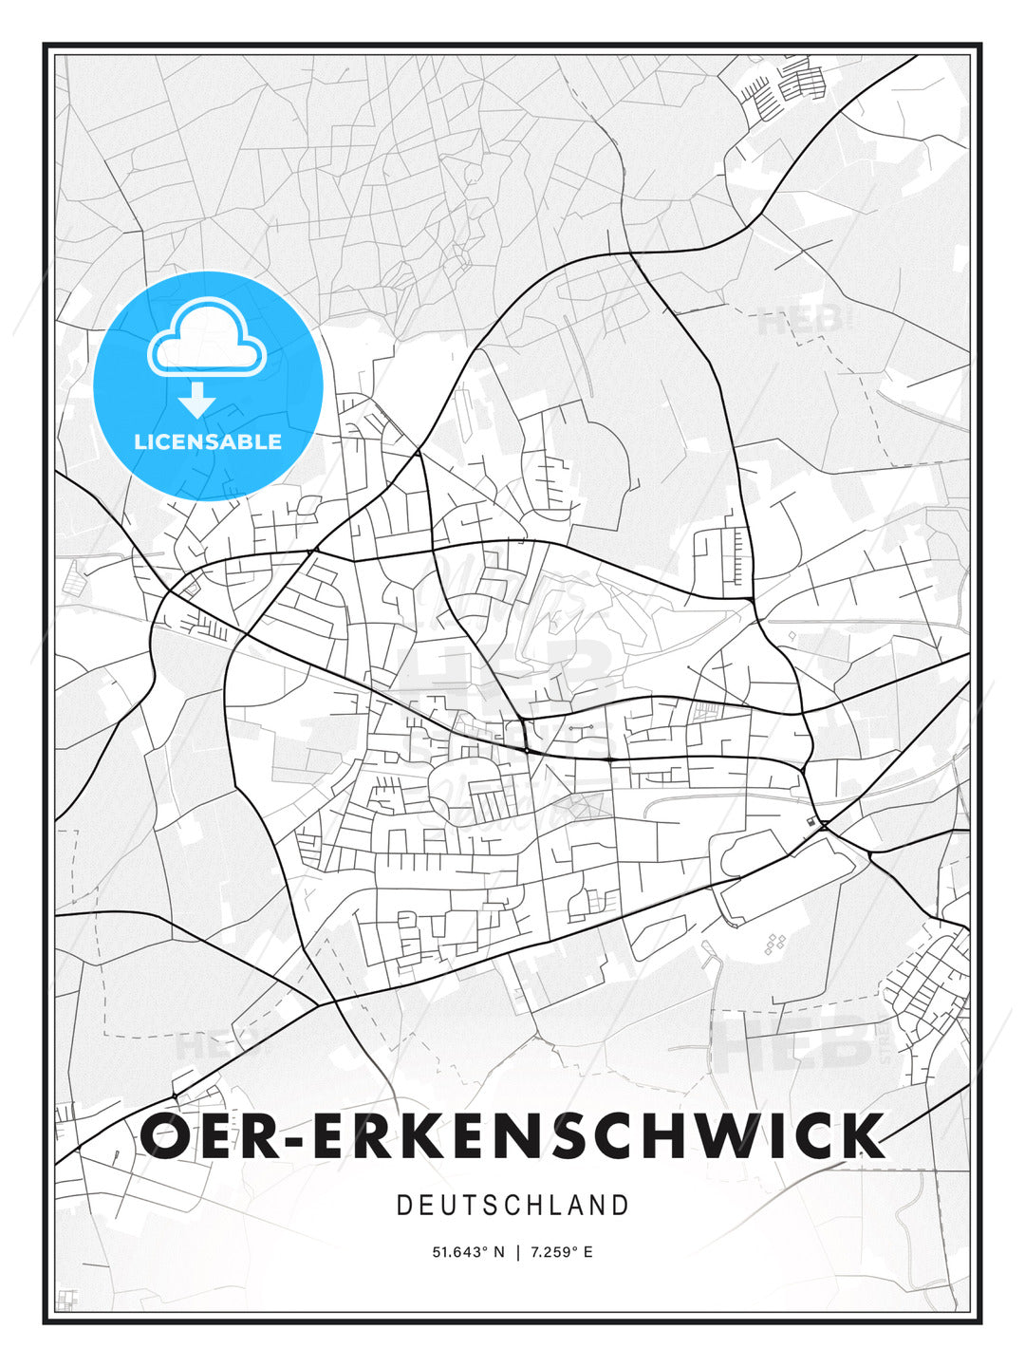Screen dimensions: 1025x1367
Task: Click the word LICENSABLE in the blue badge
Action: [x=208, y=441]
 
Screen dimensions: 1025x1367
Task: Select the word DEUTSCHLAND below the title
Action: [x=512, y=1206]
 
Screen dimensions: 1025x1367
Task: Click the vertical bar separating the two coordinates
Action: [x=517, y=1252]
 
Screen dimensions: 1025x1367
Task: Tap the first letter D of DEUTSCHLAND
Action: [x=403, y=1206]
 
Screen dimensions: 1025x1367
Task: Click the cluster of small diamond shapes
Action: [x=775, y=943]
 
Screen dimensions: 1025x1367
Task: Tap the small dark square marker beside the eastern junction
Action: [x=810, y=821]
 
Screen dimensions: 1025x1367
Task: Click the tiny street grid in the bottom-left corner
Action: [x=65, y=1299]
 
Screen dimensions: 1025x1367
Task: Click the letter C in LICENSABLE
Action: [x=169, y=441]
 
